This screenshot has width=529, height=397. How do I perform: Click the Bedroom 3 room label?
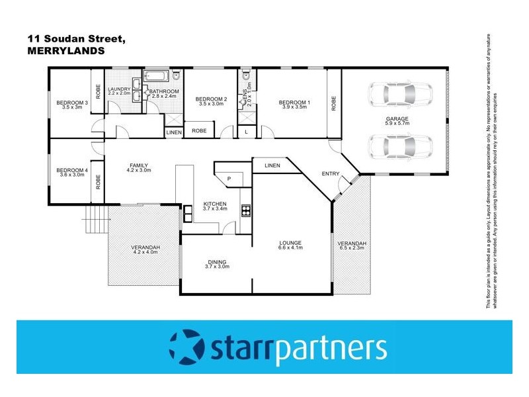tap(72, 105)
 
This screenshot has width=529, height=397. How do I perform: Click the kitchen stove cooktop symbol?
tap(246, 212)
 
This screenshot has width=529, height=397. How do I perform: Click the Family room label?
tap(139, 167)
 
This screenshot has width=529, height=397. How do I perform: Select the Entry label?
tap(330, 174)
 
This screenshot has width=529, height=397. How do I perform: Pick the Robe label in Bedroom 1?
tap(333, 103)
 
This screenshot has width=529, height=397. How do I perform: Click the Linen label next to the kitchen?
tap(270, 165)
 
